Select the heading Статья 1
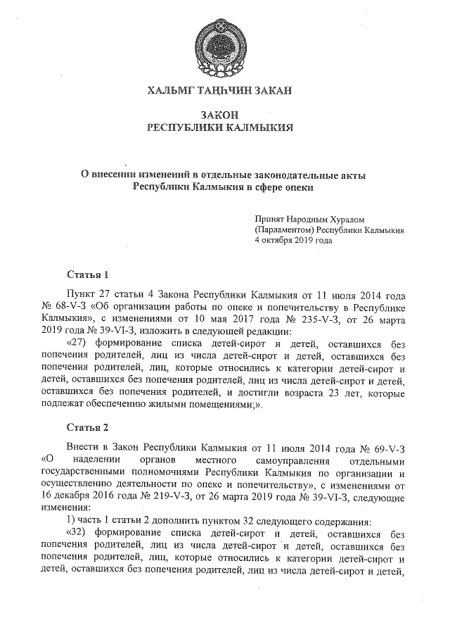click(x=87, y=274)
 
